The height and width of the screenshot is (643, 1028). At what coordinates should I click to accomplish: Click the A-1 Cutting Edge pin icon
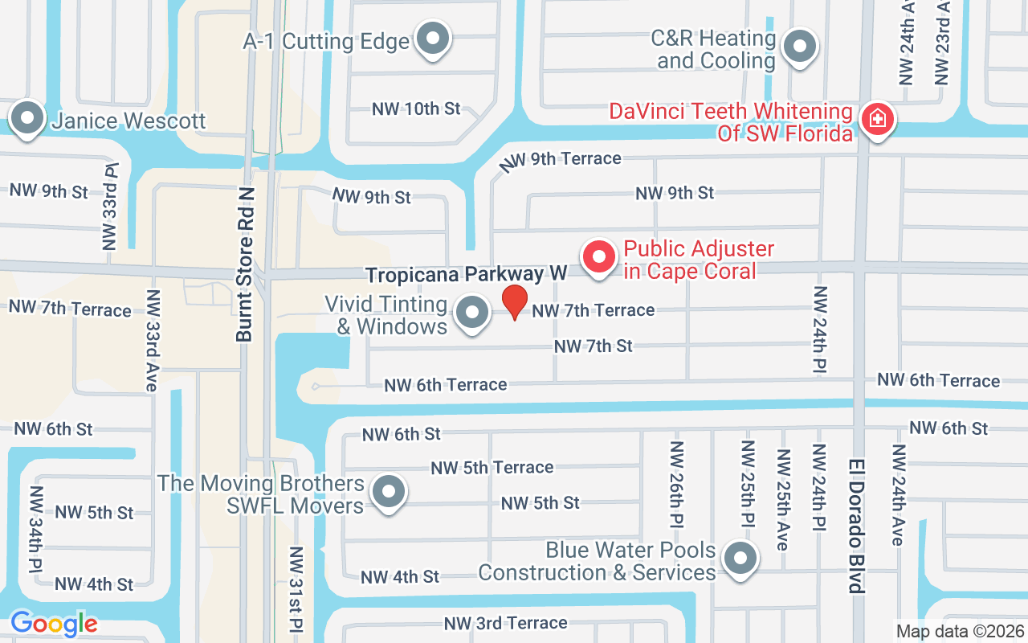coord(434,38)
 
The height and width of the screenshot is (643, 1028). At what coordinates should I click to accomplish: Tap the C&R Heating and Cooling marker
coord(799,47)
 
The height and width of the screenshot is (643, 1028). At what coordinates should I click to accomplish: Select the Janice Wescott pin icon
coord(28,119)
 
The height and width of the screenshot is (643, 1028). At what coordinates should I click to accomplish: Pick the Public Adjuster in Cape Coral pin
coord(598,257)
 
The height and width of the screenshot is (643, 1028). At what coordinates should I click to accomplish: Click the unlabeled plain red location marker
coord(515,302)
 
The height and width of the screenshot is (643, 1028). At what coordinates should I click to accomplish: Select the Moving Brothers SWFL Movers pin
coord(390,491)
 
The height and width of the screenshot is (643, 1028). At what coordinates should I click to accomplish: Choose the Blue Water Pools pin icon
coord(740,558)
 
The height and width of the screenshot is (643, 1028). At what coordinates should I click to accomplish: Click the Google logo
coord(54,624)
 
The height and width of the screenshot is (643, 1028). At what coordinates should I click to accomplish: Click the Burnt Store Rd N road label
coord(245,265)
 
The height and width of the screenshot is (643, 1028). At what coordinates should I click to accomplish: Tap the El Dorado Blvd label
coord(857,526)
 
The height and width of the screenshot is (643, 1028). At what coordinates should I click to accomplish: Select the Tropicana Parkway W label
coord(467,275)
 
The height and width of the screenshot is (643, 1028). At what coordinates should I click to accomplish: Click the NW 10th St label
coord(417,109)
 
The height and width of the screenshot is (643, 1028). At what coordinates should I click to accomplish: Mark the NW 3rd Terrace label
coord(506,623)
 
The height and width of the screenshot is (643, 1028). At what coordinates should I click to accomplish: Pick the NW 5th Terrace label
coord(492,467)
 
